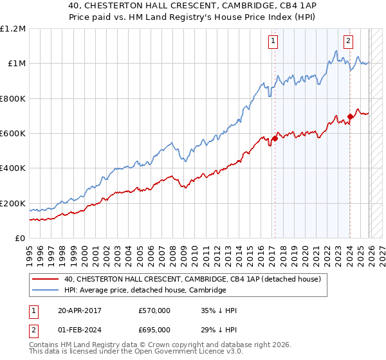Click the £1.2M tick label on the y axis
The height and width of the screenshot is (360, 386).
13,29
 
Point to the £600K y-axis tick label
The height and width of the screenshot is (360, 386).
13,134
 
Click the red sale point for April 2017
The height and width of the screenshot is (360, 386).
275,138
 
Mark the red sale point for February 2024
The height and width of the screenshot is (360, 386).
350,116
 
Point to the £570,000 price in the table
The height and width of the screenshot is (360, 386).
154,310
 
